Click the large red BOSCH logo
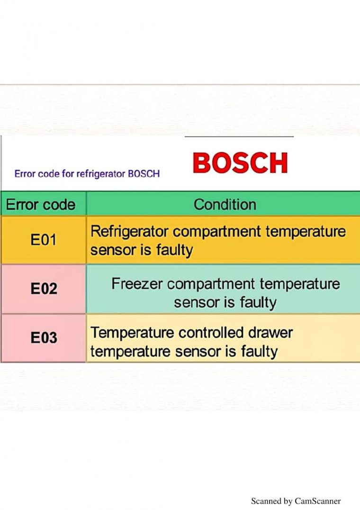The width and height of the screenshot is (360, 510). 240,162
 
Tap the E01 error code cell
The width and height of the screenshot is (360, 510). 44,240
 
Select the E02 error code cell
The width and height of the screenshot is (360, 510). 44,289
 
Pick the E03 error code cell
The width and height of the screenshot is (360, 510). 44,337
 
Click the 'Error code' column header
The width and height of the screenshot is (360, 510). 41,205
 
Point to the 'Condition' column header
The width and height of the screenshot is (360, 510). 225,205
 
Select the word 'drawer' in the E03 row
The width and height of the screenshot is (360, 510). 270,333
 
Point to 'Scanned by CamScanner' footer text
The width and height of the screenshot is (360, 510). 296,501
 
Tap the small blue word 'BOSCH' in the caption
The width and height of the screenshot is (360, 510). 144,173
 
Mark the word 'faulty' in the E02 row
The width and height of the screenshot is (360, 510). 258,303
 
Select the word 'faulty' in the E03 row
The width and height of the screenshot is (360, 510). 259,352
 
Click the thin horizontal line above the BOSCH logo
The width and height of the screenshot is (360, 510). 239,137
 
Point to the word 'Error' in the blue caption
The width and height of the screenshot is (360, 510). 25,173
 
